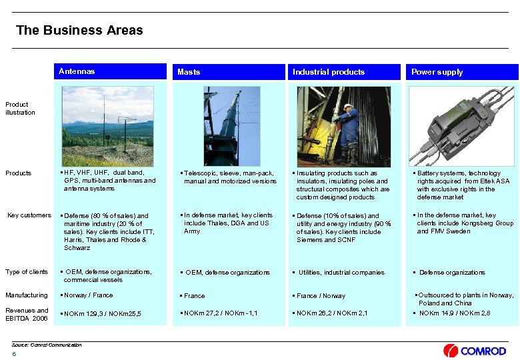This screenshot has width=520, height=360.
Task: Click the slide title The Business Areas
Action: click(x=79, y=31)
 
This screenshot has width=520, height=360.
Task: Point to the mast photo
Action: click(x=223, y=125)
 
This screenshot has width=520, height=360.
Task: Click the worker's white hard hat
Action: click(x=348, y=106)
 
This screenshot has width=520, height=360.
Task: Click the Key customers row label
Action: click(x=29, y=215)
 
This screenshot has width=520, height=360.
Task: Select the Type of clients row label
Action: click(x=27, y=272)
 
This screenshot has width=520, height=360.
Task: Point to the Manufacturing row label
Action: click(x=27, y=295)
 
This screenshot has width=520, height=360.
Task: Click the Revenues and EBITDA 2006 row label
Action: click(x=27, y=314)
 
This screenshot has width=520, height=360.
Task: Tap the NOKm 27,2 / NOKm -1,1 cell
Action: click(x=218, y=313)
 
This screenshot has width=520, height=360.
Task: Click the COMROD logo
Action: click(x=475, y=350)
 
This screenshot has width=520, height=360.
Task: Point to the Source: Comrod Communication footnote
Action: click(x=47, y=345)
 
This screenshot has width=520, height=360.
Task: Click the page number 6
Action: click(x=14, y=353)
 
